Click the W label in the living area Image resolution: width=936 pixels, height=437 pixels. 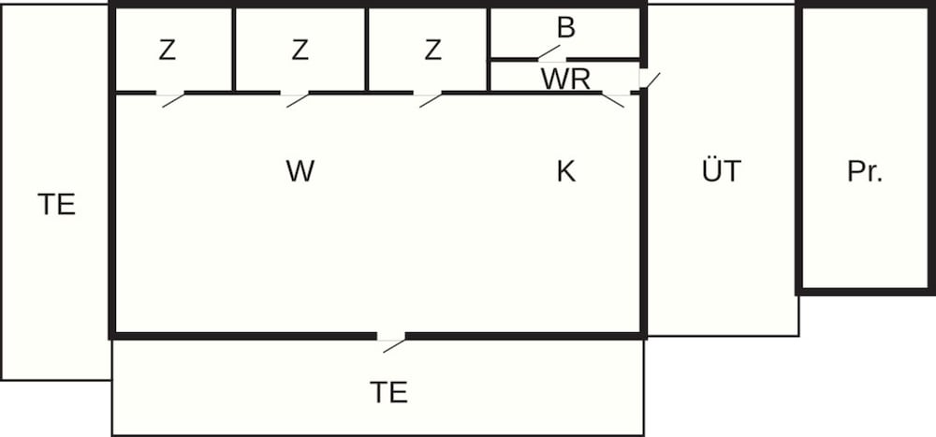point(300,171)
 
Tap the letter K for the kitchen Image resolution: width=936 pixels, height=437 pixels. point(566,171)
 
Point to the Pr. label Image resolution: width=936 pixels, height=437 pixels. point(864,171)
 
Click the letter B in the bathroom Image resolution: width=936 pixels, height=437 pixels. point(565,27)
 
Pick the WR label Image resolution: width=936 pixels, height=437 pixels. point(565,80)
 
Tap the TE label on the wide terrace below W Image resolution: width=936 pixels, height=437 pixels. point(388,392)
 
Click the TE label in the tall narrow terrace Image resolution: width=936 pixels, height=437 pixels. point(57,204)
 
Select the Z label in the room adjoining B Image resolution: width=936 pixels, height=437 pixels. point(432,51)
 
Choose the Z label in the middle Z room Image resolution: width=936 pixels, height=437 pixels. point(300,51)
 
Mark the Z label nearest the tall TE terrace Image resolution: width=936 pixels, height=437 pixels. point(168,51)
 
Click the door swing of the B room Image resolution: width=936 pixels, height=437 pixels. point(549,52)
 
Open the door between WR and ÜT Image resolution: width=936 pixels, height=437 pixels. point(650,80)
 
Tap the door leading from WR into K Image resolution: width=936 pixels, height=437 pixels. point(612,100)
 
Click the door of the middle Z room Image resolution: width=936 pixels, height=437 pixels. point(298,100)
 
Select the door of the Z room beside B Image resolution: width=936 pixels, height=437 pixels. point(431,100)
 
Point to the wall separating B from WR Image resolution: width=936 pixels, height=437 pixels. point(564,60)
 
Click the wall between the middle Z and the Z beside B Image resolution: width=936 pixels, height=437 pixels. point(367,51)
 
